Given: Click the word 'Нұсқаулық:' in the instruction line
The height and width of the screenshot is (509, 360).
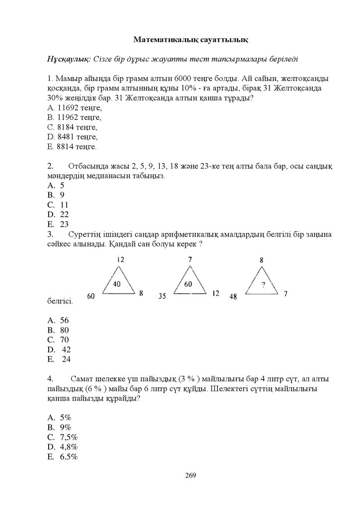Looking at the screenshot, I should [69, 59].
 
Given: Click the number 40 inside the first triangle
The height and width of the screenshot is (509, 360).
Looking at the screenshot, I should [117, 284].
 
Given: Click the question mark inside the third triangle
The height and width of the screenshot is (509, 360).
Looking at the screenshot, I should [262, 285].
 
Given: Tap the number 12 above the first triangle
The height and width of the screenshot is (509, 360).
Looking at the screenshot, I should [121, 259].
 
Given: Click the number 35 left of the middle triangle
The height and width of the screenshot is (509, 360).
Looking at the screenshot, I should [162, 296].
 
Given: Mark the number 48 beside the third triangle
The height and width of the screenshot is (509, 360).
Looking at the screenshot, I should [233, 297].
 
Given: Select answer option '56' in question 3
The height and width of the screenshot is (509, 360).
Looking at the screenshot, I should [64, 321].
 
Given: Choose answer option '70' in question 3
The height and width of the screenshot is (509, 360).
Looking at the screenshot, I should [64, 340].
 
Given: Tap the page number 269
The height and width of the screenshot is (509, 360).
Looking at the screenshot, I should [190, 475].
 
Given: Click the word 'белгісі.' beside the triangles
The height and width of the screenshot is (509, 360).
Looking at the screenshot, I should [60, 301].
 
